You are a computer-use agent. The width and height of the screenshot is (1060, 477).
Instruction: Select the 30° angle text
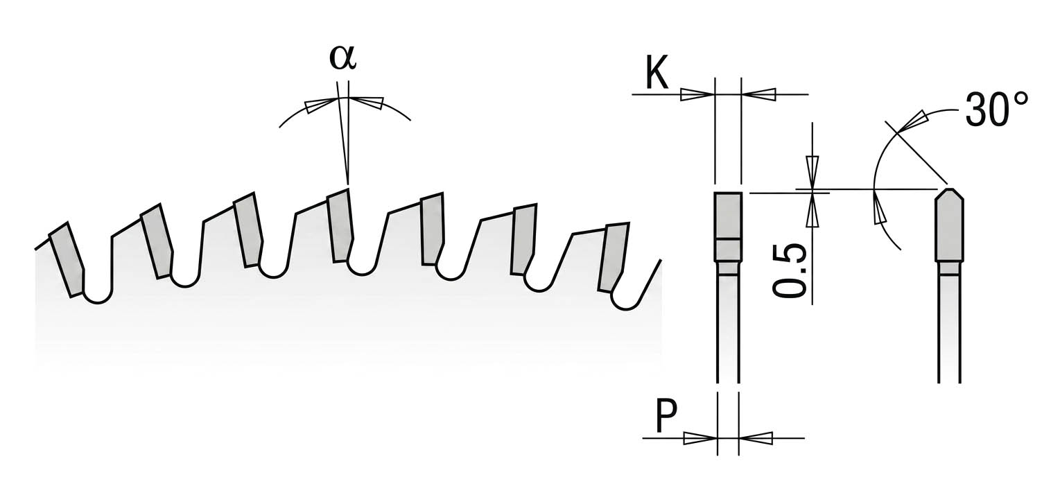coord(996,110)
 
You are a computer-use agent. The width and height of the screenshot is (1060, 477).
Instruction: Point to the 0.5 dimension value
coord(790,271)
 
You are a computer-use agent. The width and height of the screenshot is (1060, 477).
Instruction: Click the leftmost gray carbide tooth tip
coord(67,259)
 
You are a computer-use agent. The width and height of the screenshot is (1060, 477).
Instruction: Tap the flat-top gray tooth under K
coord(728,227)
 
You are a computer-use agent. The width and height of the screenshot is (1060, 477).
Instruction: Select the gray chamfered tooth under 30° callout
coord(950,225)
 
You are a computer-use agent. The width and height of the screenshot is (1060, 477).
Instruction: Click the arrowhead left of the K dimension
coord(697,95)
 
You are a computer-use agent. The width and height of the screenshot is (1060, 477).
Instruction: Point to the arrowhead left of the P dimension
coord(701,438)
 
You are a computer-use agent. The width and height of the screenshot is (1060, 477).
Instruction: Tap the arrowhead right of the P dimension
coord(756,438)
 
